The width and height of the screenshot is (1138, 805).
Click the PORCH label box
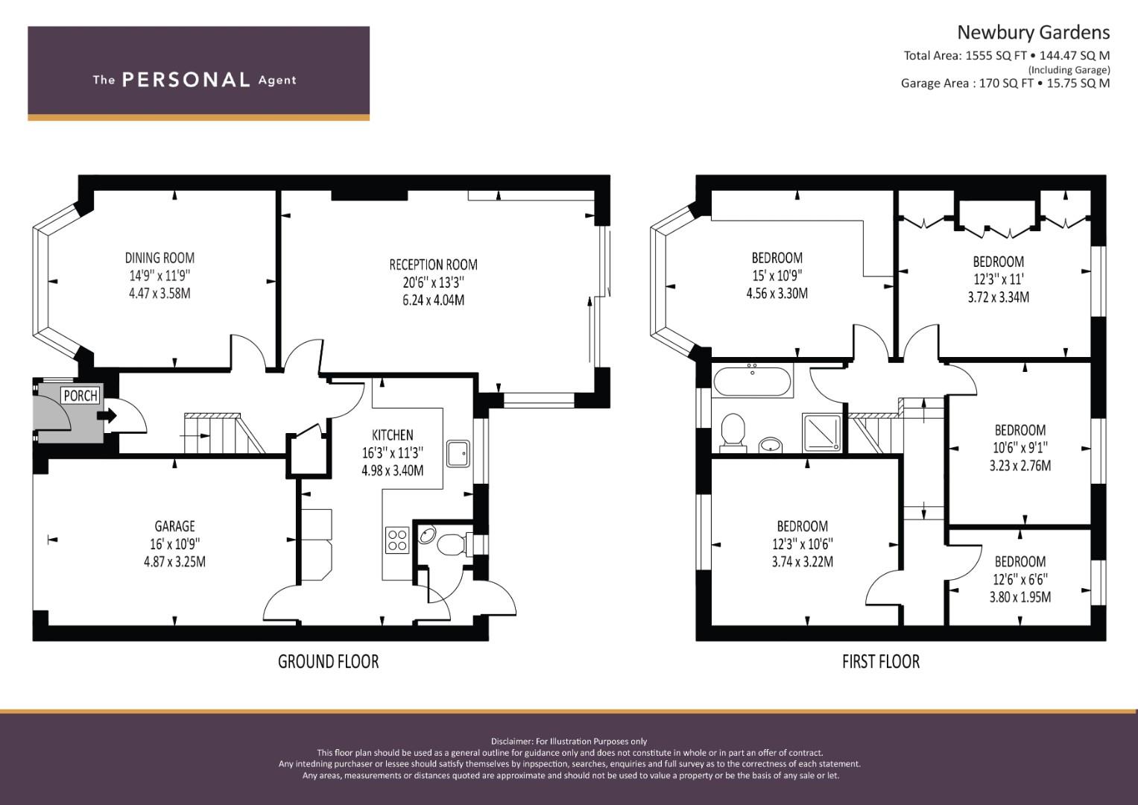80,395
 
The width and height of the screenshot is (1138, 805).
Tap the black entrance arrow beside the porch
107,416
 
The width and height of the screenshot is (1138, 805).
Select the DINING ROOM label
159,258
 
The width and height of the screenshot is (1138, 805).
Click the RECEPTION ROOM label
433,265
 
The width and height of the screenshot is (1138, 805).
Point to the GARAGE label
175,526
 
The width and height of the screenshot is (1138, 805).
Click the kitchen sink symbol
458,454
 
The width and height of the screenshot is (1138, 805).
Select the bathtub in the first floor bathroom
752,381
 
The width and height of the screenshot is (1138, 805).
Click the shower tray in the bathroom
821,432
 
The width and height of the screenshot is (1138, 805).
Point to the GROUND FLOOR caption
328,661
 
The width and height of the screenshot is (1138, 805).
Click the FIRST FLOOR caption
881,661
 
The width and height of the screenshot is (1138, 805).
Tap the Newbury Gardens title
1034,33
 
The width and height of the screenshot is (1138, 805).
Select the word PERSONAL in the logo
186,80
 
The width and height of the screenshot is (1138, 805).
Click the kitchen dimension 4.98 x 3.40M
392,470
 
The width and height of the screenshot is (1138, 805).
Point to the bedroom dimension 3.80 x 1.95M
1020,597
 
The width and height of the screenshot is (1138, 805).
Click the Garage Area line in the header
1005,83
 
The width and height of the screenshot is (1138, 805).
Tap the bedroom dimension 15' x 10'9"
777,276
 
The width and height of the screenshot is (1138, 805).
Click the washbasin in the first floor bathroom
771,445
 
